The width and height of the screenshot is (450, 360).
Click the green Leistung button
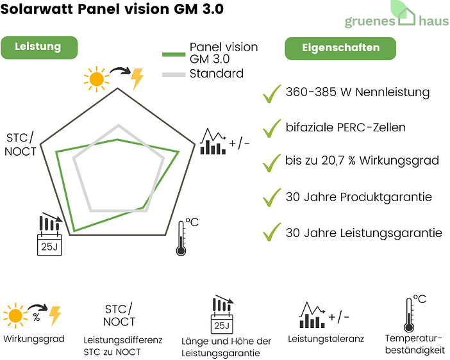pos(38,47)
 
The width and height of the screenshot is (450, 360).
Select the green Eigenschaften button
pos(340,48)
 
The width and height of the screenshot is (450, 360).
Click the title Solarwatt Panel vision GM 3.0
pos(113,11)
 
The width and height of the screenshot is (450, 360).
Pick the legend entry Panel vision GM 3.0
pos(223,53)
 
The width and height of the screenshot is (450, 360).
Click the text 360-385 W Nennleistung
pos(357,92)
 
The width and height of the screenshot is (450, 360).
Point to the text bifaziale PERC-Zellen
pos(346,127)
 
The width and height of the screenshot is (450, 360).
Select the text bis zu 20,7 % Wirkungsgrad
pos(362,160)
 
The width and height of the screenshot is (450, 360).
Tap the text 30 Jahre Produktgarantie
pos(358,197)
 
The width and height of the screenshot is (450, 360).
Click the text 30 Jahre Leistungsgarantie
pos(363,233)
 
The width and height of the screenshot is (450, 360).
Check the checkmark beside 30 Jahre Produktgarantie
pos(272,197)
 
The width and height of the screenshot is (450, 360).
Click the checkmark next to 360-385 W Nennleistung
pos(272,94)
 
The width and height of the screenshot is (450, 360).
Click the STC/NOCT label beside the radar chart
pos(21,145)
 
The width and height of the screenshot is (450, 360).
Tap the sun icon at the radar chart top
pos(97,78)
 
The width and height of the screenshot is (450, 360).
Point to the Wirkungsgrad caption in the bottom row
pos(34,339)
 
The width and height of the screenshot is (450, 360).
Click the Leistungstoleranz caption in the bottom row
pos(326,339)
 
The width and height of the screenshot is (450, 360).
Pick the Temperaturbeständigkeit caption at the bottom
pos(414,344)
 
